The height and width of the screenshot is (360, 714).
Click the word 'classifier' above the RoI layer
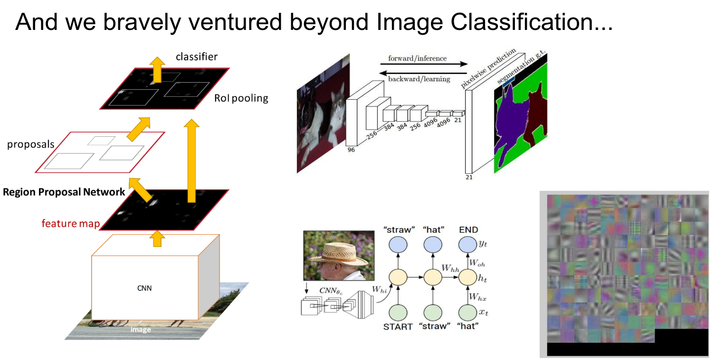tap(196, 57)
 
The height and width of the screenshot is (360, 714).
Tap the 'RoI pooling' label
tap(241, 98)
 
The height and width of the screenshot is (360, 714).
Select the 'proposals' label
tap(31, 144)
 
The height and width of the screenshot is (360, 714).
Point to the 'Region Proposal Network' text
tap(64, 192)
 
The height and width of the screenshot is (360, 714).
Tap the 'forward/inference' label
tap(417, 58)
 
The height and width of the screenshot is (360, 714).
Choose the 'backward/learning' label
tap(419, 79)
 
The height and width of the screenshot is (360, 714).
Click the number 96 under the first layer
tap(351, 150)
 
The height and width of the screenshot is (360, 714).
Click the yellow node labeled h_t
tap(467, 276)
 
